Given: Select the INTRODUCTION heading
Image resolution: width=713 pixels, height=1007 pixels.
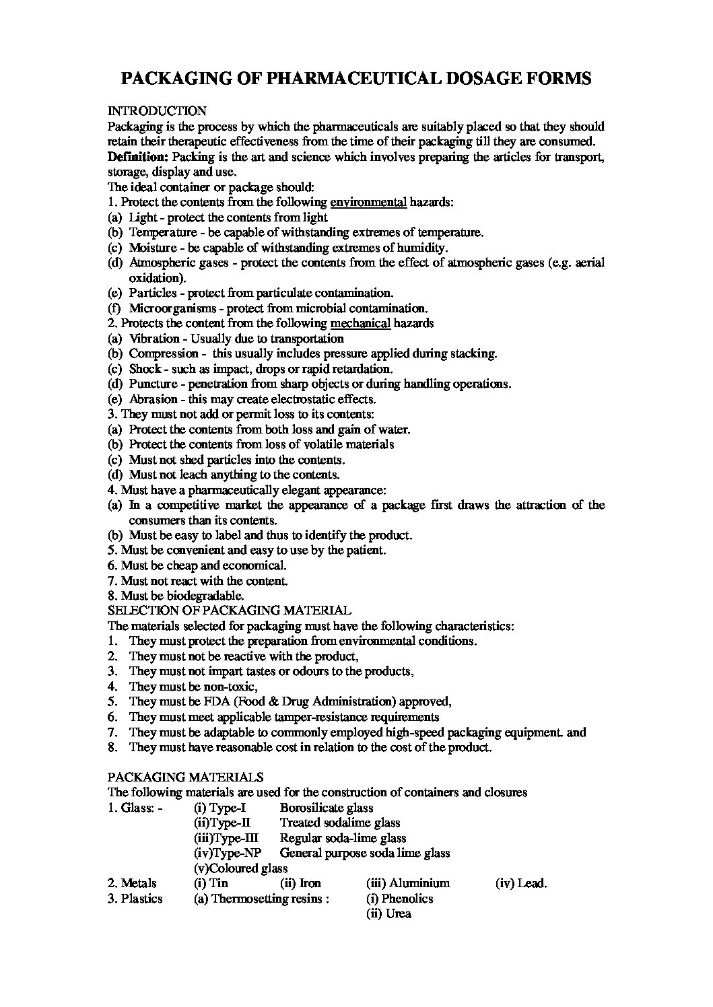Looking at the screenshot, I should [157, 111].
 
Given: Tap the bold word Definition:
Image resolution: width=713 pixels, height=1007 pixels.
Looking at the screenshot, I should [138, 157].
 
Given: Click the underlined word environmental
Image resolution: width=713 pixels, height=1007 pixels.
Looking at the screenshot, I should [369, 202].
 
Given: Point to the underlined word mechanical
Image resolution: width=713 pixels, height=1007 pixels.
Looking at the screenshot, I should [361, 323].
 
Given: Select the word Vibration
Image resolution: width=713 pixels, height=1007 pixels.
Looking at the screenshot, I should [154, 339].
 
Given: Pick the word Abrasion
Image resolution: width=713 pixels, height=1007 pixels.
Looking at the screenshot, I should [154, 399].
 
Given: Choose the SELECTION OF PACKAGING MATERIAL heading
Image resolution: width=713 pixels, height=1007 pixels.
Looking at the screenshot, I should [229, 611].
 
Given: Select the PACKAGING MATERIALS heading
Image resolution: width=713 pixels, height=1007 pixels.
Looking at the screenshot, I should [185, 777].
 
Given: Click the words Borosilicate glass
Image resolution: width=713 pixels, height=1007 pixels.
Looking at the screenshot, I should [327, 808].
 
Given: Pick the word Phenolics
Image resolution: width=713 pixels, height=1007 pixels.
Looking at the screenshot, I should [407, 899].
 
